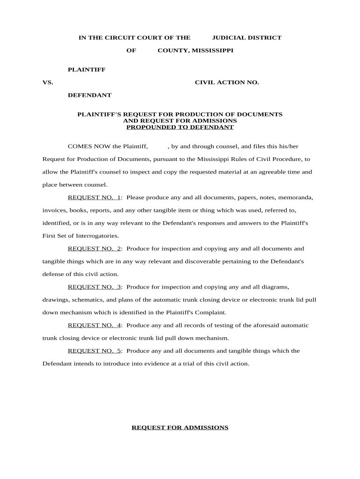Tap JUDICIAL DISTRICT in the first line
[x=247, y=38]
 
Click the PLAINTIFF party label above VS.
[x=86, y=70]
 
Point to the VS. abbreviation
[x=48, y=82]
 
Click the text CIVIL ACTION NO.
[x=227, y=82]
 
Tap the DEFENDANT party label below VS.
[x=90, y=95]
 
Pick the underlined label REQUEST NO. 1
[x=94, y=197]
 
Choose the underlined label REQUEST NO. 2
[x=94, y=249]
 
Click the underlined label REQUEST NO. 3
[x=94, y=287]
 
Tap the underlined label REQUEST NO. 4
[x=94, y=325]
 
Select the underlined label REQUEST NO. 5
[x=94, y=351]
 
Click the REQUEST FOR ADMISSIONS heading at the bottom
[x=180, y=428]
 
